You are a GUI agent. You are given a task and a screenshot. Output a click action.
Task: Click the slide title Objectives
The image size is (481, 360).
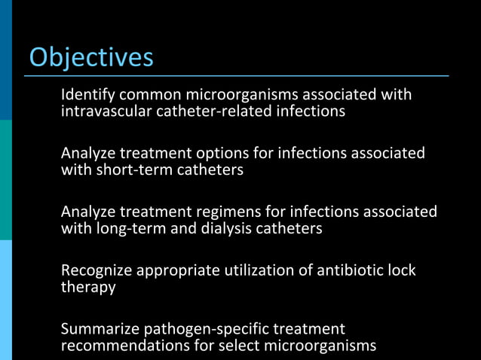point(90,57)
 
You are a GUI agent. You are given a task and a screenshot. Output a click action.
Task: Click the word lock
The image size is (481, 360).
point(403,270)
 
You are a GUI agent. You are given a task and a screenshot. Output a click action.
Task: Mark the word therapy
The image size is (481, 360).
point(88,287)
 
